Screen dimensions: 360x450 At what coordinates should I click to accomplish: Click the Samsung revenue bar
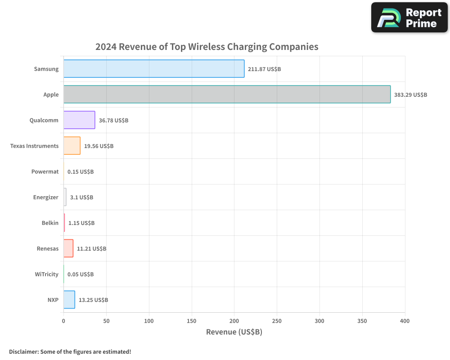click(154, 69)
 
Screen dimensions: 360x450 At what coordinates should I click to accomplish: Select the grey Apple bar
click(227, 94)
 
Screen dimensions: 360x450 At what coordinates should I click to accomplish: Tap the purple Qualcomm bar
click(79, 120)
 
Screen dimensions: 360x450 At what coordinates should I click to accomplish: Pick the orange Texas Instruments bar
click(72, 146)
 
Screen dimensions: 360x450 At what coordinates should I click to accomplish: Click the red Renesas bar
click(68, 248)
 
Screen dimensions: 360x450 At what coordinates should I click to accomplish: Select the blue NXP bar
click(69, 300)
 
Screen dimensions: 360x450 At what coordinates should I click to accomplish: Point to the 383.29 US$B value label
click(410, 95)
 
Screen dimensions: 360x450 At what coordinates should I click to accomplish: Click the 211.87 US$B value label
click(264, 69)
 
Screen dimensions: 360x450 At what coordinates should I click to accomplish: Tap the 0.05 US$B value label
click(81, 274)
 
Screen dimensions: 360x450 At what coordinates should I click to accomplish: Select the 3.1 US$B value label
click(81, 198)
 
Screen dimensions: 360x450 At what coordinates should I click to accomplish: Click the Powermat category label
click(45, 172)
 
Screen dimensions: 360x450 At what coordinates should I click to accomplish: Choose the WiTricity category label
click(47, 274)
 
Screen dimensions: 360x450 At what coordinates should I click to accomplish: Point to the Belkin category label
click(50, 223)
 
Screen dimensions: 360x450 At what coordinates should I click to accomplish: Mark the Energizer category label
click(46, 198)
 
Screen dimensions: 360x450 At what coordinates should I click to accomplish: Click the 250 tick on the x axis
click(277, 321)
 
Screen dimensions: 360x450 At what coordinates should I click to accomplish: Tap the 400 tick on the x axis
click(405, 321)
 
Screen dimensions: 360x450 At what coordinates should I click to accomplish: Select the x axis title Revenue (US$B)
click(234, 332)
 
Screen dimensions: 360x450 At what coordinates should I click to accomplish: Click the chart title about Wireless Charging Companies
click(207, 47)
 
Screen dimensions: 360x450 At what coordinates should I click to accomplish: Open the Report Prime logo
click(409, 18)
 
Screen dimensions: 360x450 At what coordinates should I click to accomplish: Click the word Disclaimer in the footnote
click(23, 352)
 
